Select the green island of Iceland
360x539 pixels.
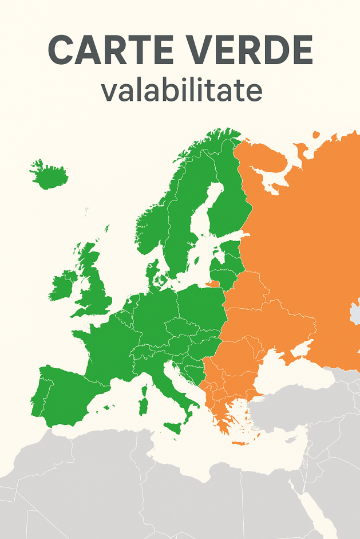click(x=48, y=175)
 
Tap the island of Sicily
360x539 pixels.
click(x=173, y=427)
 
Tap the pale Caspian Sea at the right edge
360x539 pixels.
click(x=355, y=313)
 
